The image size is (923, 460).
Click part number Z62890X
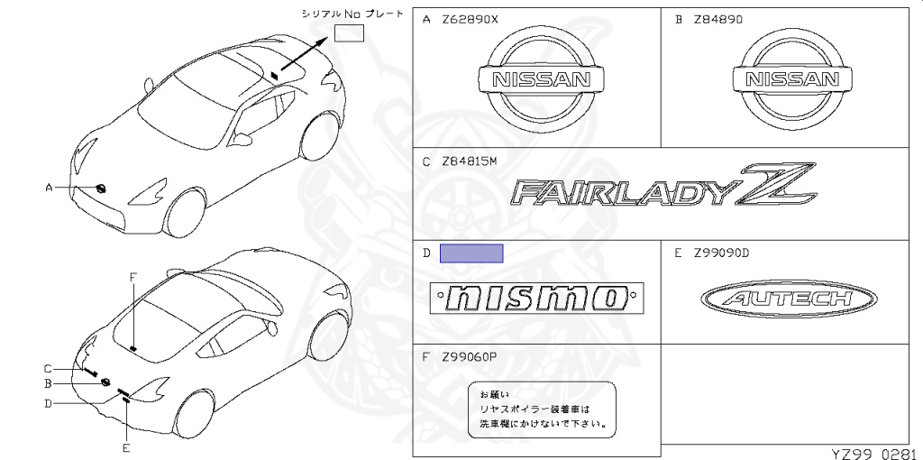(x=469, y=20)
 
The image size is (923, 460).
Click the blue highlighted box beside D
(x=471, y=253)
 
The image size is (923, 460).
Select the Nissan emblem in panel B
(x=791, y=79)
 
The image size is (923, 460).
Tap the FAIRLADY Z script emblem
(x=663, y=190)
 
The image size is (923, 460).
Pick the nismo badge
(x=538, y=298)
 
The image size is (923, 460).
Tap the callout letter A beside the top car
(x=49, y=187)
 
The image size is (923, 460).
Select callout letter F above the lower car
(x=133, y=277)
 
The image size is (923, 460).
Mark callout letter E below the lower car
(x=126, y=447)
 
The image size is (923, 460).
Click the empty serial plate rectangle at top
(x=348, y=33)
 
